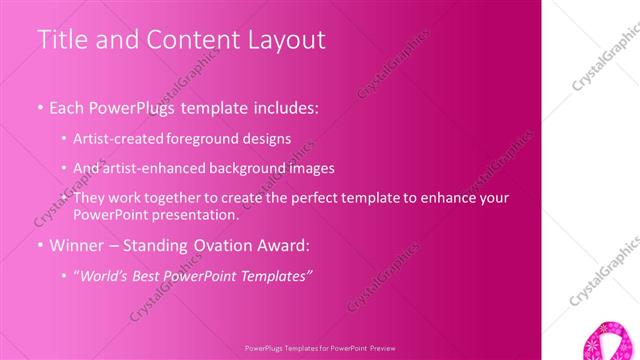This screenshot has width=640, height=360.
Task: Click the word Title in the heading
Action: (x=61, y=40)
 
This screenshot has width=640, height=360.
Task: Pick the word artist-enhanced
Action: (x=153, y=168)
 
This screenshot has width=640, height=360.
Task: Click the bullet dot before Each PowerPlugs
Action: (x=40, y=107)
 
